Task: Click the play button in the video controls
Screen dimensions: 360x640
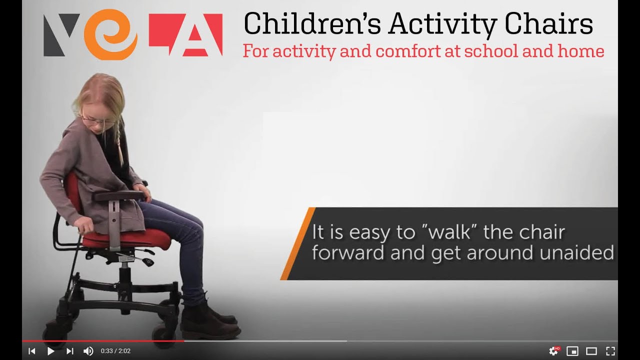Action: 50,351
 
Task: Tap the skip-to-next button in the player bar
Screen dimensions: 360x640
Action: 69,351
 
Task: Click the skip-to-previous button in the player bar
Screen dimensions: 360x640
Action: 32,351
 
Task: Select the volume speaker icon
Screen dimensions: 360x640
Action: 88,351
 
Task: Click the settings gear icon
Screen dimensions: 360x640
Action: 553,351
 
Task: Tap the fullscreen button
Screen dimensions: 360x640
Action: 610,351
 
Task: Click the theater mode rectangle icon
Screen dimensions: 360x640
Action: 591,351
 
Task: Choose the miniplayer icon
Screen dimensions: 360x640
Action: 572,351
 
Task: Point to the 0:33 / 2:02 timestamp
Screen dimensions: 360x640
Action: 115,351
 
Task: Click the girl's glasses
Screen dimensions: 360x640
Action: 95,120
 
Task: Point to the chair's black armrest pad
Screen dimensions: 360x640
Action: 119,195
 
